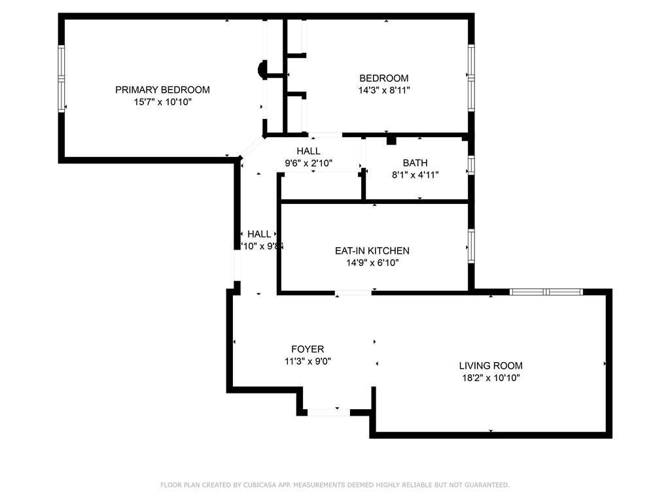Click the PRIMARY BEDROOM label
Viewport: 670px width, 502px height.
(162, 90)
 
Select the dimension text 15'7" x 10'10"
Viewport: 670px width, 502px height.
(162, 102)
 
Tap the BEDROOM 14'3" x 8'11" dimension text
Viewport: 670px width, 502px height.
(383, 90)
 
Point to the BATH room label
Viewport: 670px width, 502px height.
(415, 163)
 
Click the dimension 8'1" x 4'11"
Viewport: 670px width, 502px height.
(415, 175)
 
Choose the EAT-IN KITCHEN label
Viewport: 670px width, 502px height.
(372, 250)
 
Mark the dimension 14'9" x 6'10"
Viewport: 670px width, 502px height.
(372, 263)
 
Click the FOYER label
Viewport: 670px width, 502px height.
(308, 350)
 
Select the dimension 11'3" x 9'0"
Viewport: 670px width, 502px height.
(308, 361)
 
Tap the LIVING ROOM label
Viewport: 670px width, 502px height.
(490, 366)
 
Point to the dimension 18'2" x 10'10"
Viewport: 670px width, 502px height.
(490, 378)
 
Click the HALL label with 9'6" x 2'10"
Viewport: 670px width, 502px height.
(308, 151)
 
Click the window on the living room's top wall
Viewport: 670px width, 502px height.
(546, 292)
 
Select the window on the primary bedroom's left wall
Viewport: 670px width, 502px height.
(62, 78)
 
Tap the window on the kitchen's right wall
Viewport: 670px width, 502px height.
(470, 246)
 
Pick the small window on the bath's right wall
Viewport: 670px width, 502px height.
(470, 164)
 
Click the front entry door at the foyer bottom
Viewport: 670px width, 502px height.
(328, 412)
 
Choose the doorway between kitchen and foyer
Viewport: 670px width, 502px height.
(353, 293)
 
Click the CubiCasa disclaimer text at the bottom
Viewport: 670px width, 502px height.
(335, 485)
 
